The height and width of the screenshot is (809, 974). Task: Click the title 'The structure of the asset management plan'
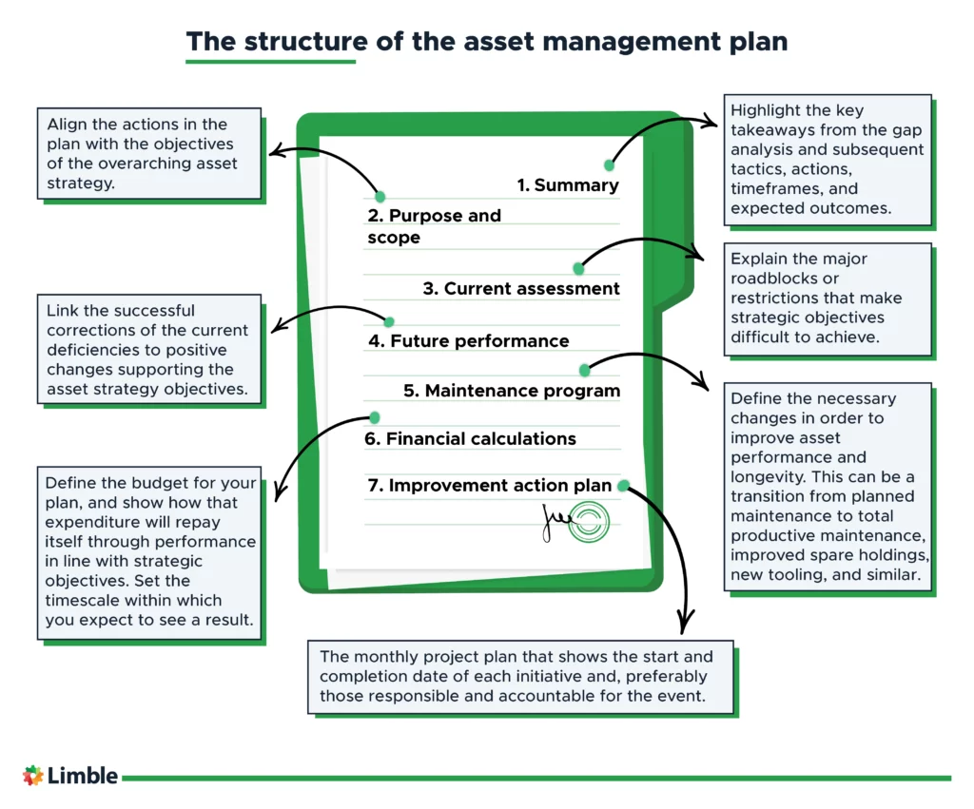(x=486, y=42)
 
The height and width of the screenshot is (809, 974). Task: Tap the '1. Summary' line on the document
(x=568, y=185)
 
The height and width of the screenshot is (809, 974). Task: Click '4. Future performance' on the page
(x=468, y=340)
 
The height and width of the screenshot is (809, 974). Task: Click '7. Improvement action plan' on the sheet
(x=490, y=486)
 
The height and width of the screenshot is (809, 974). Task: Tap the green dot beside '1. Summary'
(x=610, y=165)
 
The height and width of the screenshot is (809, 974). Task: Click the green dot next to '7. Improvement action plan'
(x=623, y=486)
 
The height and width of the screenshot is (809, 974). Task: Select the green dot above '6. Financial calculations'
(x=374, y=417)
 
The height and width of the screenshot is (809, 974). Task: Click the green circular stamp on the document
(x=589, y=522)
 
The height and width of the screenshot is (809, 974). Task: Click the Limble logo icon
(x=33, y=776)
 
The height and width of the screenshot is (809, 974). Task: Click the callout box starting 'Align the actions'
(x=148, y=153)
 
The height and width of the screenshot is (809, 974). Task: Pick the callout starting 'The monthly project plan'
(x=520, y=676)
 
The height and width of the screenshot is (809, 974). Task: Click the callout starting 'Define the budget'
(x=148, y=551)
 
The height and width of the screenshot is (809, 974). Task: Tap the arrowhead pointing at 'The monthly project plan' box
(x=682, y=627)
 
